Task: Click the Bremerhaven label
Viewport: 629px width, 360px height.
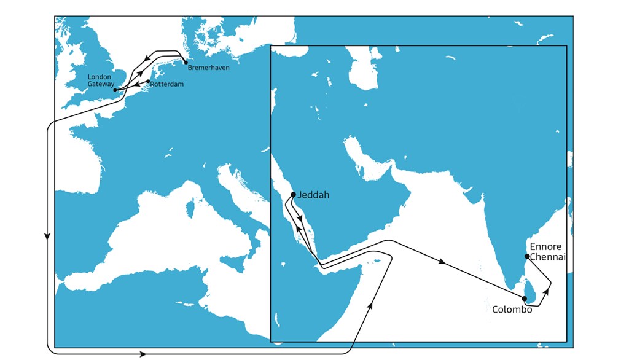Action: (x=209, y=68)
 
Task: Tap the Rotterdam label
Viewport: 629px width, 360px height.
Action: (x=167, y=84)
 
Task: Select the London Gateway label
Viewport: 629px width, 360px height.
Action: (x=100, y=80)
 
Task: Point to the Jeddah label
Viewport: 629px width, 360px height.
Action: (x=314, y=195)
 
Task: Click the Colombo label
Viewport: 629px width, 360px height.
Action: (x=512, y=310)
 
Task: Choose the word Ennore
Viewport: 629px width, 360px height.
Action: (x=545, y=247)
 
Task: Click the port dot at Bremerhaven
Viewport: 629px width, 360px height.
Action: (x=186, y=61)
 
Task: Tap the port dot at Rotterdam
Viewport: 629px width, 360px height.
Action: (x=148, y=81)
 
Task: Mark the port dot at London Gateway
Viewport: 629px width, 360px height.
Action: (x=115, y=90)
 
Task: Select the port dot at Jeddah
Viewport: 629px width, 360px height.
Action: (x=293, y=195)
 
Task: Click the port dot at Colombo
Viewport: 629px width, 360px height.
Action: (x=524, y=299)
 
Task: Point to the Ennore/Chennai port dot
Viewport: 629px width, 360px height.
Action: (x=527, y=256)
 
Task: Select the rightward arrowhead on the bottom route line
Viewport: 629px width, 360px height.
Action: (x=144, y=354)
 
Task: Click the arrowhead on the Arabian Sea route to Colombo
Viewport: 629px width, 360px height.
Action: (x=442, y=262)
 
